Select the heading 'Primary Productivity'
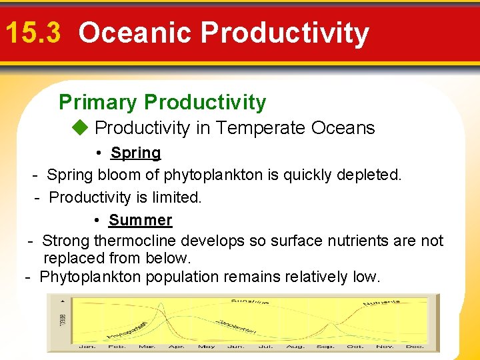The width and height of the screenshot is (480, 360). tap(162, 102)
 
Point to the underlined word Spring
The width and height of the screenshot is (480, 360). tap(135, 153)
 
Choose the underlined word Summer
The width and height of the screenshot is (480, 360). tap(140, 220)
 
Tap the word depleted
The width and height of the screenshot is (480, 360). tap(375, 175)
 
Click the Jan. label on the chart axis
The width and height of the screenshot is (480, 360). tap(87, 347)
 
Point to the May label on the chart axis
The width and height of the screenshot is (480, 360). tap(207, 347)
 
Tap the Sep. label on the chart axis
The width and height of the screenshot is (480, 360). tap(326, 347)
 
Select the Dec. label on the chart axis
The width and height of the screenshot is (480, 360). tap(415, 347)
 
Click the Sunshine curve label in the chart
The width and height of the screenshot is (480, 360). tap(250, 302)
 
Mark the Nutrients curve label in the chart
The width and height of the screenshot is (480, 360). tap(381, 303)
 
